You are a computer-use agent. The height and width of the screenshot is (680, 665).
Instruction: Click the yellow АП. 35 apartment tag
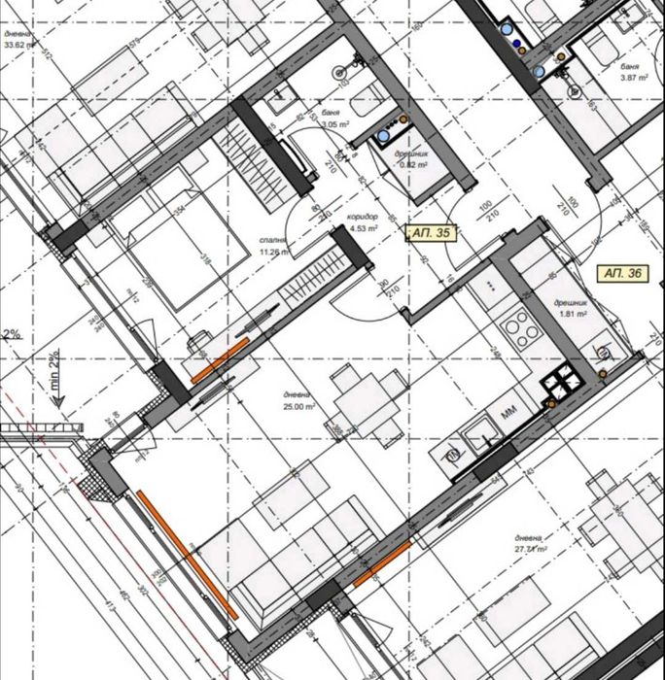(x=431, y=233)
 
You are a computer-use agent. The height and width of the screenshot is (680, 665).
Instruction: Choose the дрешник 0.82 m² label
(x=414, y=159)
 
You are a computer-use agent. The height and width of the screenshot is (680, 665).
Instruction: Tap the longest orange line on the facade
(x=186, y=554)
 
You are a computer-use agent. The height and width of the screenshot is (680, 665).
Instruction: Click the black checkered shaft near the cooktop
(x=563, y=387)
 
